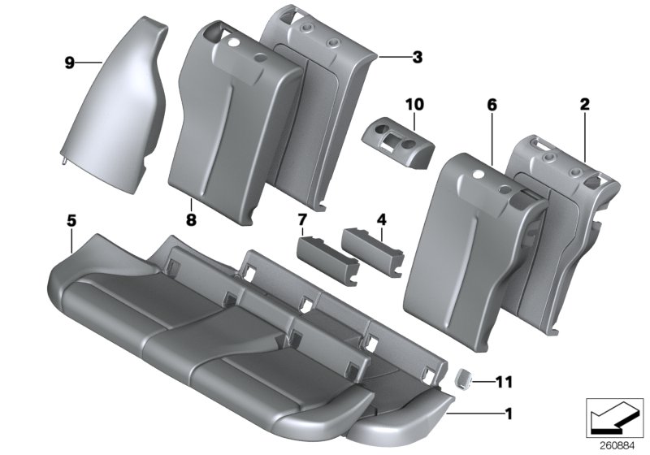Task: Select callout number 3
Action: tap(417, 57)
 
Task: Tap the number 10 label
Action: tap(414, 104)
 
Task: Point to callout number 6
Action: tap(492, 105)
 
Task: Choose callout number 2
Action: tap(585, 104)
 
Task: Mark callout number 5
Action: tap(71, 220)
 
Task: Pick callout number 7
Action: tap(302, 220)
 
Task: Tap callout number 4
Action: tap(381, 219)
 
